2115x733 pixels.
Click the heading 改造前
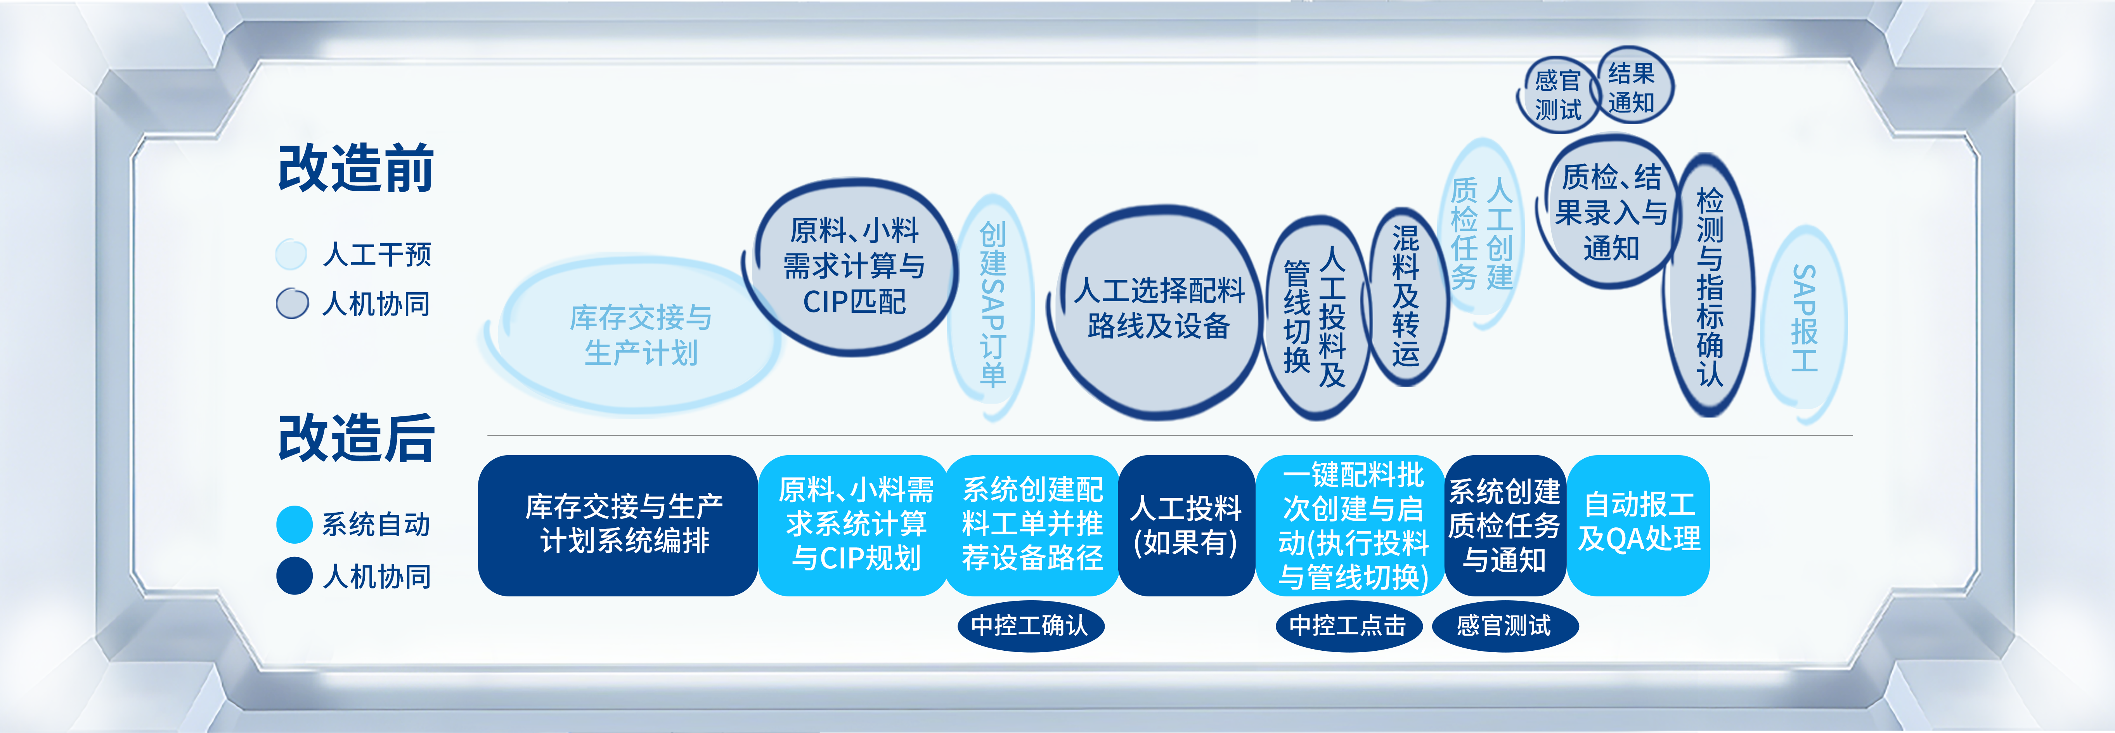[355, 168]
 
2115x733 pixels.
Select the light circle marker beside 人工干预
[291, 255]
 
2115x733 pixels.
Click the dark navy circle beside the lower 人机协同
[294, 575]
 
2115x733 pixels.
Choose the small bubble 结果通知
[1632, 86]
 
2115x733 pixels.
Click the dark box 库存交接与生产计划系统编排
[617, 525]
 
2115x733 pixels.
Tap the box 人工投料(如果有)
[1187, 525]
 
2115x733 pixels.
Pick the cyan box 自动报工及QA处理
[1638, 525]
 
